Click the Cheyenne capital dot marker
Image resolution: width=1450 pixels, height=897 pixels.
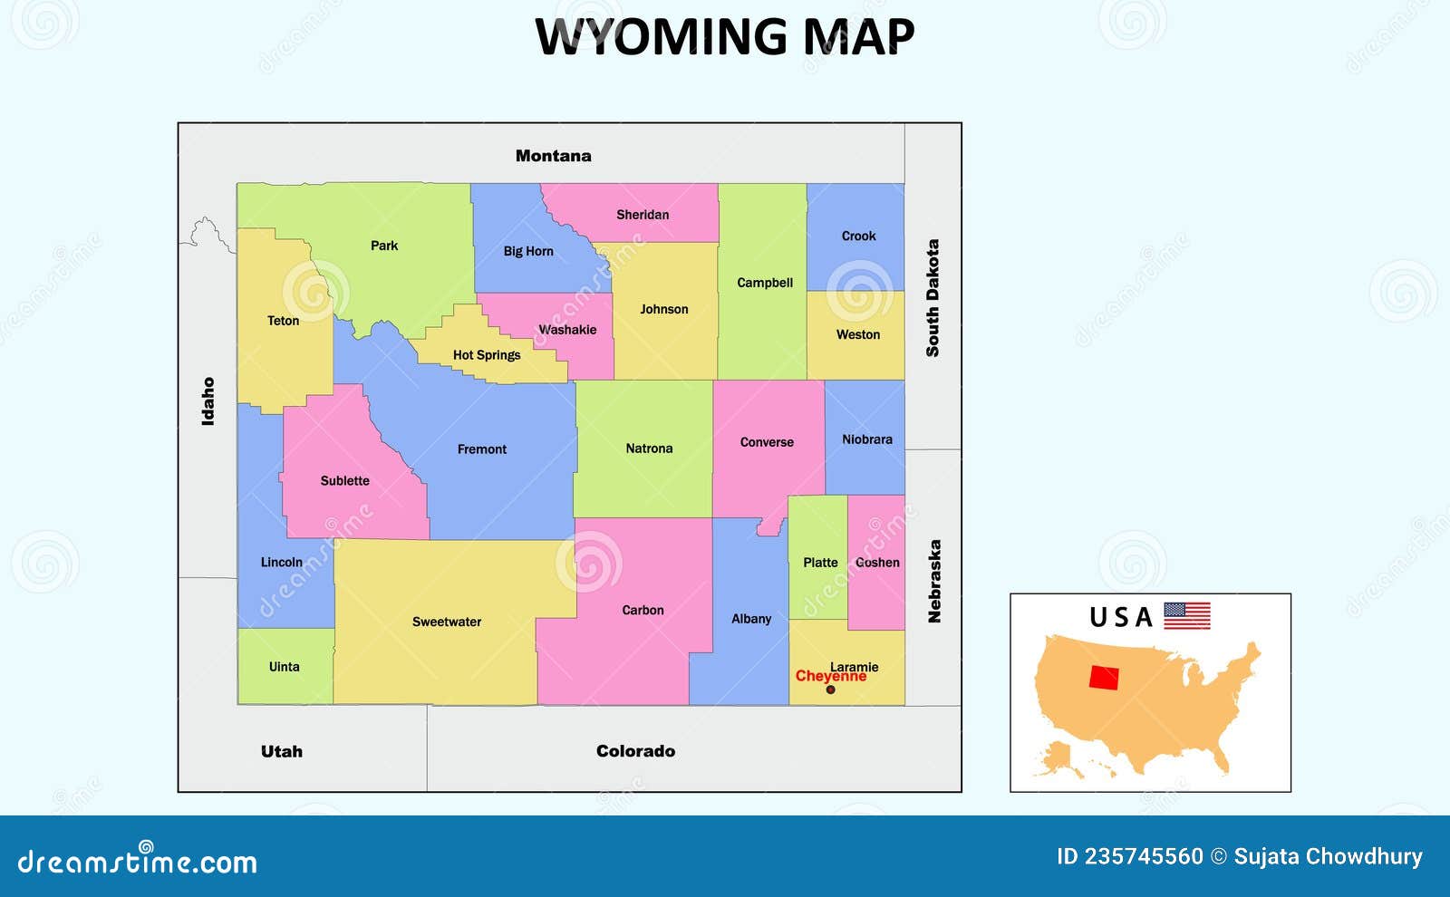pos(830,690)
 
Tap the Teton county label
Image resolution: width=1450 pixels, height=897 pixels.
pos(283,321)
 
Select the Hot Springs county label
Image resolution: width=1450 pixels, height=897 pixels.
pos(487,355)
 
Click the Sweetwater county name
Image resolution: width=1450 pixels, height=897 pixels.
pos(447,622)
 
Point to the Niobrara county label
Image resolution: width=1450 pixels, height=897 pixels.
pos(867,439)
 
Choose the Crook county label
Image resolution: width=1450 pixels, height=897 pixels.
pos(858,236)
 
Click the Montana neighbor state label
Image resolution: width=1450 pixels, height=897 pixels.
pos(553,156)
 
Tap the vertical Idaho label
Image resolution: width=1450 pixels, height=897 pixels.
pos(208,401)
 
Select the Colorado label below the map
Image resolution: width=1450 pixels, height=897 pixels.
pos(635,751)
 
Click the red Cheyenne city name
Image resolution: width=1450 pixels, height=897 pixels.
pos(830,677)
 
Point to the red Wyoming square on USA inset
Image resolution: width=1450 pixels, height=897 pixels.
pos(1104,678)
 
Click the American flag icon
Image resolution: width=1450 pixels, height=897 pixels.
pos(1186,616)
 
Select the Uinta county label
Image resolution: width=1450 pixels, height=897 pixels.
pos(284,667)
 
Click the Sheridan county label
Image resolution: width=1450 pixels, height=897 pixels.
pos(643,215)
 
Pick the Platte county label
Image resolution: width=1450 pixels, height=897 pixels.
pos(820,563)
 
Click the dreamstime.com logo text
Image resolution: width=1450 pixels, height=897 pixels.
pos(137,862)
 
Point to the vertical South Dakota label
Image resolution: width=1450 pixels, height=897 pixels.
pos(933,298)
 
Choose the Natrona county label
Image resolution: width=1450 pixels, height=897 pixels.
pos(649,448)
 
